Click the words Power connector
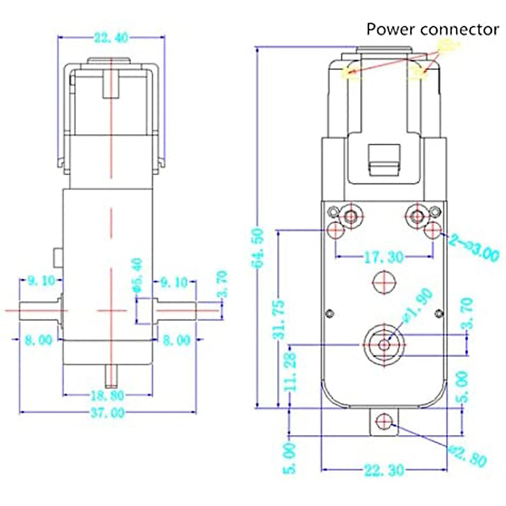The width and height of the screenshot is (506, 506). pos(432,30)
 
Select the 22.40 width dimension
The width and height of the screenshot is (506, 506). pos(111,38)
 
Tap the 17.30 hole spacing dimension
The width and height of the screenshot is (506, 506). pos(384,257)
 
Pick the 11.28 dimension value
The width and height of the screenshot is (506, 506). pos(291,371)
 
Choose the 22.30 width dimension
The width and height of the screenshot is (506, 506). pos(384,470)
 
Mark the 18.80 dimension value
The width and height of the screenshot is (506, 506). pos(107,396)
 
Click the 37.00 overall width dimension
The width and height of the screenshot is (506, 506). pos(108,412)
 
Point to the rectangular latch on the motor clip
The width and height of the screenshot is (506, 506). pos(384,160)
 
